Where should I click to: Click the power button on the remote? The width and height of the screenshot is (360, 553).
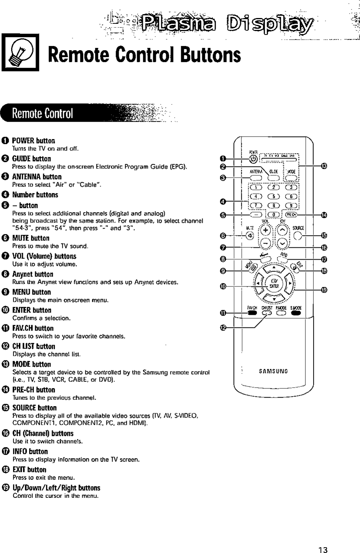pos(253,159)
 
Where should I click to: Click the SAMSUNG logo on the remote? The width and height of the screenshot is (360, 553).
pos(273,371)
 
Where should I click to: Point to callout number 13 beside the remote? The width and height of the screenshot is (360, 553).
pos(324,166)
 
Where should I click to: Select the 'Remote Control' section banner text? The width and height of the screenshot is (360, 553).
pos(42,113)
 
